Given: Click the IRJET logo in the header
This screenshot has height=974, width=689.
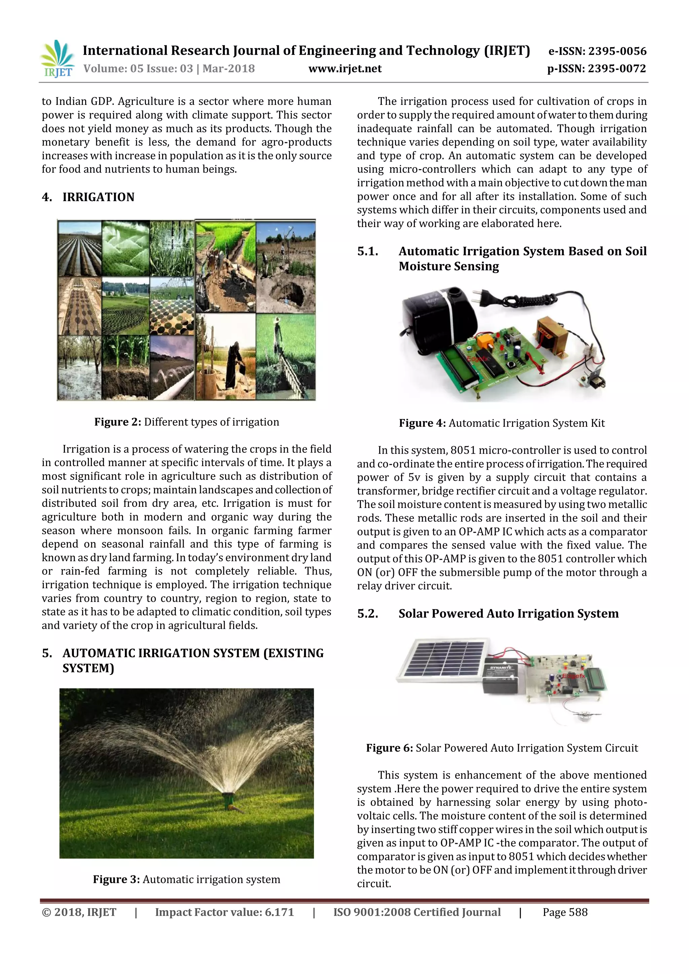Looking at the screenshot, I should (x=57, y=59).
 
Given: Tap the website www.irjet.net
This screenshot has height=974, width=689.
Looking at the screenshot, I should (x=345, y=69).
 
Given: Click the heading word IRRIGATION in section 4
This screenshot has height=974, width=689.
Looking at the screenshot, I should (x=99, y=197).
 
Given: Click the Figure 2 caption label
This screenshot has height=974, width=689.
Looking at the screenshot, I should (x=117, y=422).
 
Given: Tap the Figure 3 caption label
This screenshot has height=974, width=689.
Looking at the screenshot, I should (x=116, y=879).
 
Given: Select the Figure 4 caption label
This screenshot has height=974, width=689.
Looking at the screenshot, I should (x=422, y=423).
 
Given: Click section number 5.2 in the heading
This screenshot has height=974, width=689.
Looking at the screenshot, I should (x=367, y=614).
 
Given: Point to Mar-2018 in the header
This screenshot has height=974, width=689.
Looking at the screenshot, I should (x=229, y=69).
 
